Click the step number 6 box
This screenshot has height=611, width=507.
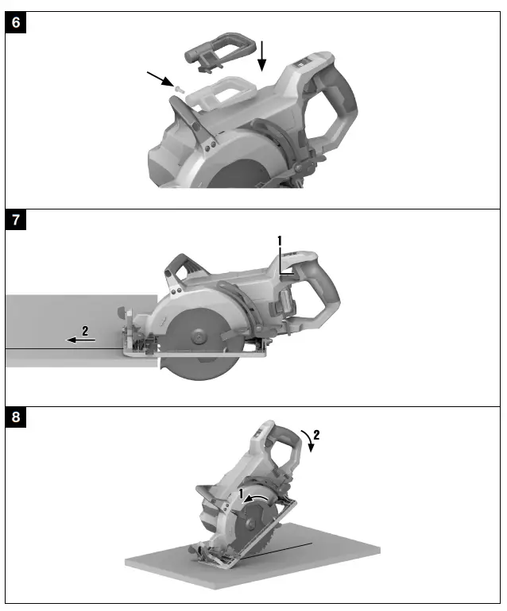(17, 22)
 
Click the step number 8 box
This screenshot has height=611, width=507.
(17, 418)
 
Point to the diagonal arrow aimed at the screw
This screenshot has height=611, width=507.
(158, 79)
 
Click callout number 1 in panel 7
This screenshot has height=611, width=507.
(280, 240)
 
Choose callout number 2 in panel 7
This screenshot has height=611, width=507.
(84, 329)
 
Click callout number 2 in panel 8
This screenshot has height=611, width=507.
(315, 435)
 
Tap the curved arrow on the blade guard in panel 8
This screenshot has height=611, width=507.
(257, 495)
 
